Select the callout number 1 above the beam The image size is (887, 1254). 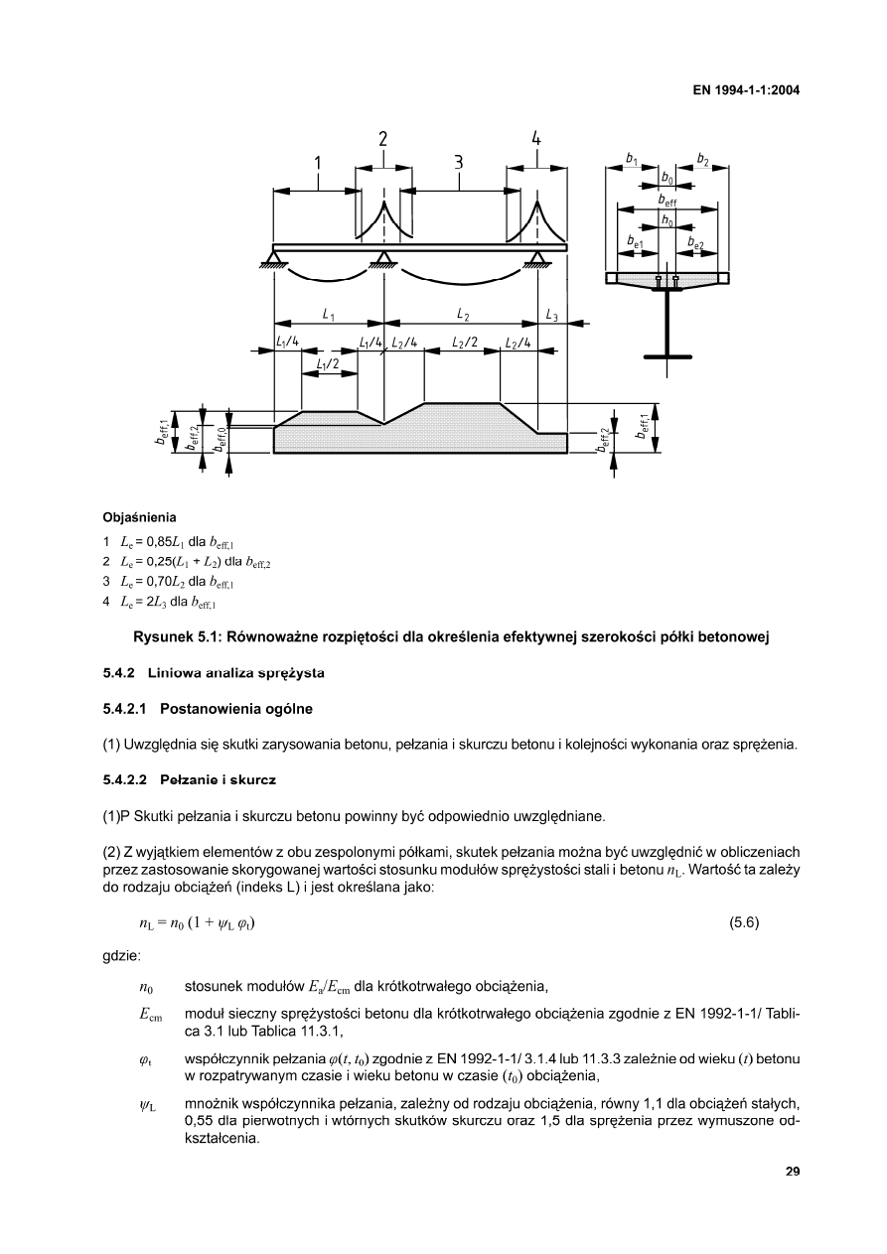pos(317,163)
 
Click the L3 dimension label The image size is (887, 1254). pos(551,316)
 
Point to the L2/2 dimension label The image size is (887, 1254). pos(464,343)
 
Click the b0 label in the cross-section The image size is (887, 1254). pos(665,179)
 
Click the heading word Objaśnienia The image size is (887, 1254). pos(140,517)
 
